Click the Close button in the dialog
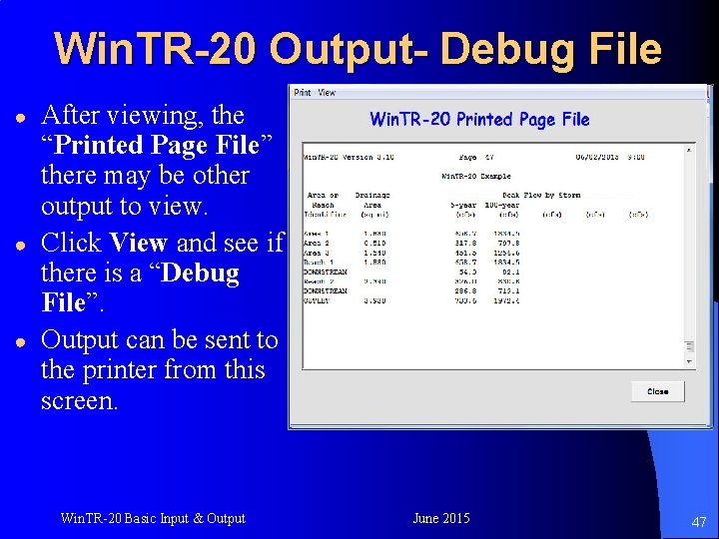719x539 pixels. (x=657, y=391)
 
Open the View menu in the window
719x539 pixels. (x=328, y=93)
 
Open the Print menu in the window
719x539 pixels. (x=303, y=93)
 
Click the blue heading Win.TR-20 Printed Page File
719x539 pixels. (x=479, y=120)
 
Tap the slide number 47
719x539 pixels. (x=699, y=522)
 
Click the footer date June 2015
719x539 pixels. (x=440, y=518)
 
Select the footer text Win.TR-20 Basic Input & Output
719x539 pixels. (x=152, y=518)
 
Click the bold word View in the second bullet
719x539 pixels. (x=138, y=243)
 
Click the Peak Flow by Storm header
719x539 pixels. (x=540, y=195)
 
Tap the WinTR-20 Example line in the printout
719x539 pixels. (x=475, y=176)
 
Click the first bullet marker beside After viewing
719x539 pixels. (x=17, y=116)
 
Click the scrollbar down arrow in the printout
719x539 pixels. (x=688, y=359)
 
